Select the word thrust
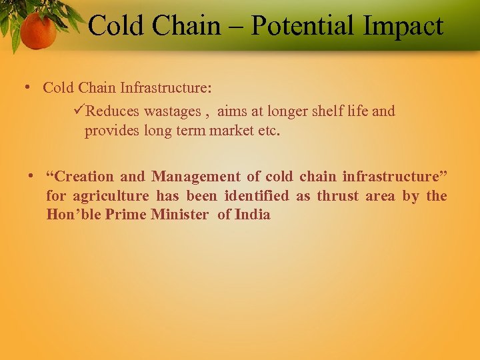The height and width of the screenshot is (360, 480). coord(338,196)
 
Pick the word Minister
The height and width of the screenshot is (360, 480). coord(179,215)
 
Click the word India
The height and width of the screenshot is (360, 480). coord(253,215)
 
